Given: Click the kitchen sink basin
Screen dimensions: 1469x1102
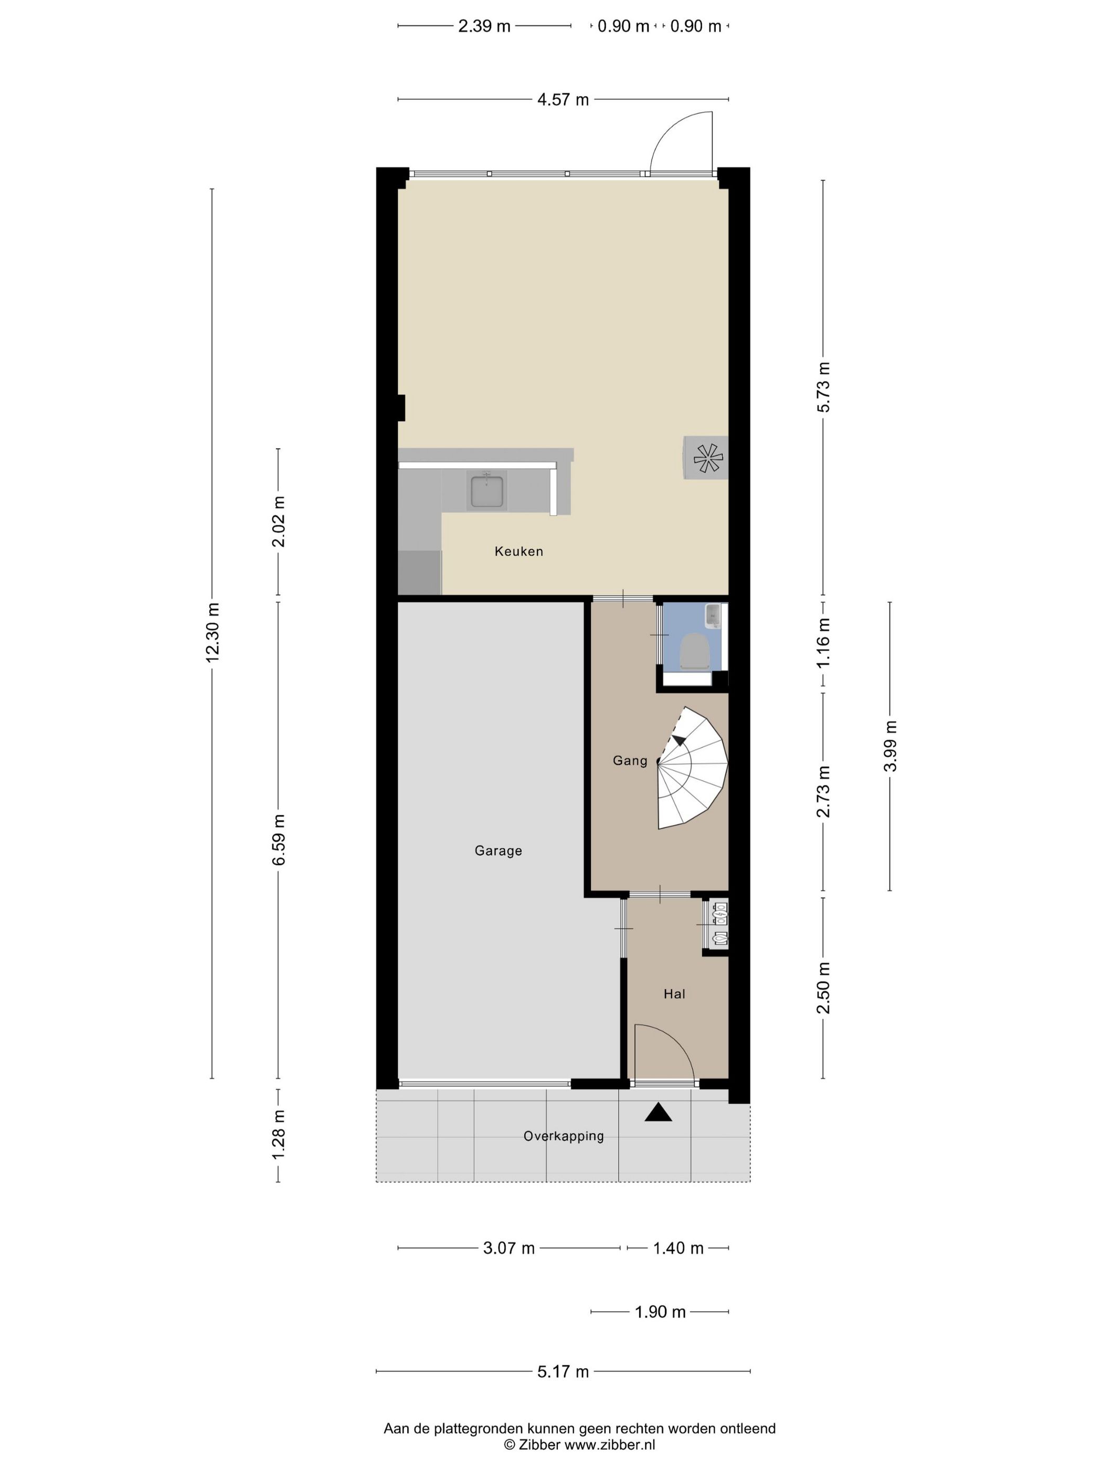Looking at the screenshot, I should coord(486,492).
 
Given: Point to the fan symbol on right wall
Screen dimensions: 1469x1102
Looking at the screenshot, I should coord(707,457).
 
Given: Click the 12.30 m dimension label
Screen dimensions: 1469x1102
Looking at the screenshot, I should coord(213,632).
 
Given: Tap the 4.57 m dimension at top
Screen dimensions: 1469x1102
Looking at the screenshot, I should coord(563,100).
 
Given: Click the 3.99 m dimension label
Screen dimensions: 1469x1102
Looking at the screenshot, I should coord(889,746).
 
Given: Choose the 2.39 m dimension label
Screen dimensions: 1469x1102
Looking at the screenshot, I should coord(484,27).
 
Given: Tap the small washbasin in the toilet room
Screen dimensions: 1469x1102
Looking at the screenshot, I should coord(713,615).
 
